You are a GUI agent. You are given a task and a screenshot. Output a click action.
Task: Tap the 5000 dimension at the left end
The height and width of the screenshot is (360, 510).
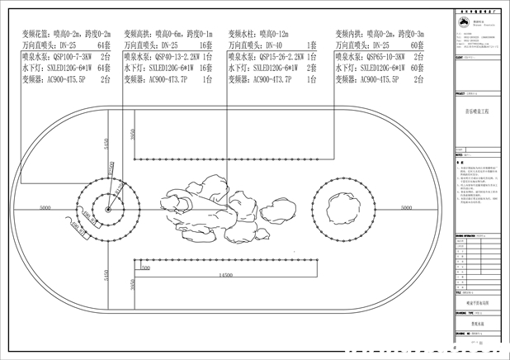click(x=45, y=206)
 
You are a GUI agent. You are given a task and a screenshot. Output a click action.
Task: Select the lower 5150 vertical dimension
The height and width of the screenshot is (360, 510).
click(x=106, y=272)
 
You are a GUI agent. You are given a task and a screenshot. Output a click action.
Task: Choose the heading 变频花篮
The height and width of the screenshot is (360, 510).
click(x=32, y=34)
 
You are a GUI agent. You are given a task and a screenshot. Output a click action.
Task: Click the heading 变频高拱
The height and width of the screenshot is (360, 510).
click(x=139, y=34)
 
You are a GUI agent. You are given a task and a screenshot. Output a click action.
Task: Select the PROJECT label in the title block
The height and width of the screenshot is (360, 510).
click(x=460, y=95)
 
